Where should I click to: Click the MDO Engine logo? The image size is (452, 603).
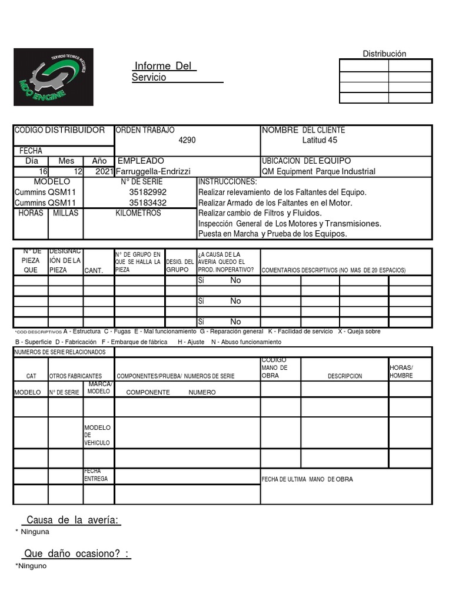point(54,77)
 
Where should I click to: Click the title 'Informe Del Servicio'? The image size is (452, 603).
point(164,71)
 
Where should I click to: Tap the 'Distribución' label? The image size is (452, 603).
point(384,54)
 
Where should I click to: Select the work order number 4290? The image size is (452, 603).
point(187,140)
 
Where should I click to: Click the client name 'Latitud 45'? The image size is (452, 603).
point(320,140)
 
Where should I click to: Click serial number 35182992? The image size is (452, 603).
point(148,192)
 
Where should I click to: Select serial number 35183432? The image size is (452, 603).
point(148,203)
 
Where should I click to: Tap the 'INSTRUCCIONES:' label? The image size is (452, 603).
point(228,182)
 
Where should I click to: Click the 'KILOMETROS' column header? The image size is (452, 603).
point(138,213)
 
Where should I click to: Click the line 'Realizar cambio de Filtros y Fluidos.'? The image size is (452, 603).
point(260,213)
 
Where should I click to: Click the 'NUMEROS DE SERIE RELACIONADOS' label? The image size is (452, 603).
point(59,352)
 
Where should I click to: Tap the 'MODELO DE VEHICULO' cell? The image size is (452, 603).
point(97,435)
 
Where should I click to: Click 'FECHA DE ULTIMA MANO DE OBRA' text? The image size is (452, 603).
point(307,479)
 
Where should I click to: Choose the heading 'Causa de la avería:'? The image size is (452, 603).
point(72,520)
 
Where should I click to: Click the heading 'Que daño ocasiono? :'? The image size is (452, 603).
point(77,554)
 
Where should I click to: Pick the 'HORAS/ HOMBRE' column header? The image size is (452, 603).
point(401,372)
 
